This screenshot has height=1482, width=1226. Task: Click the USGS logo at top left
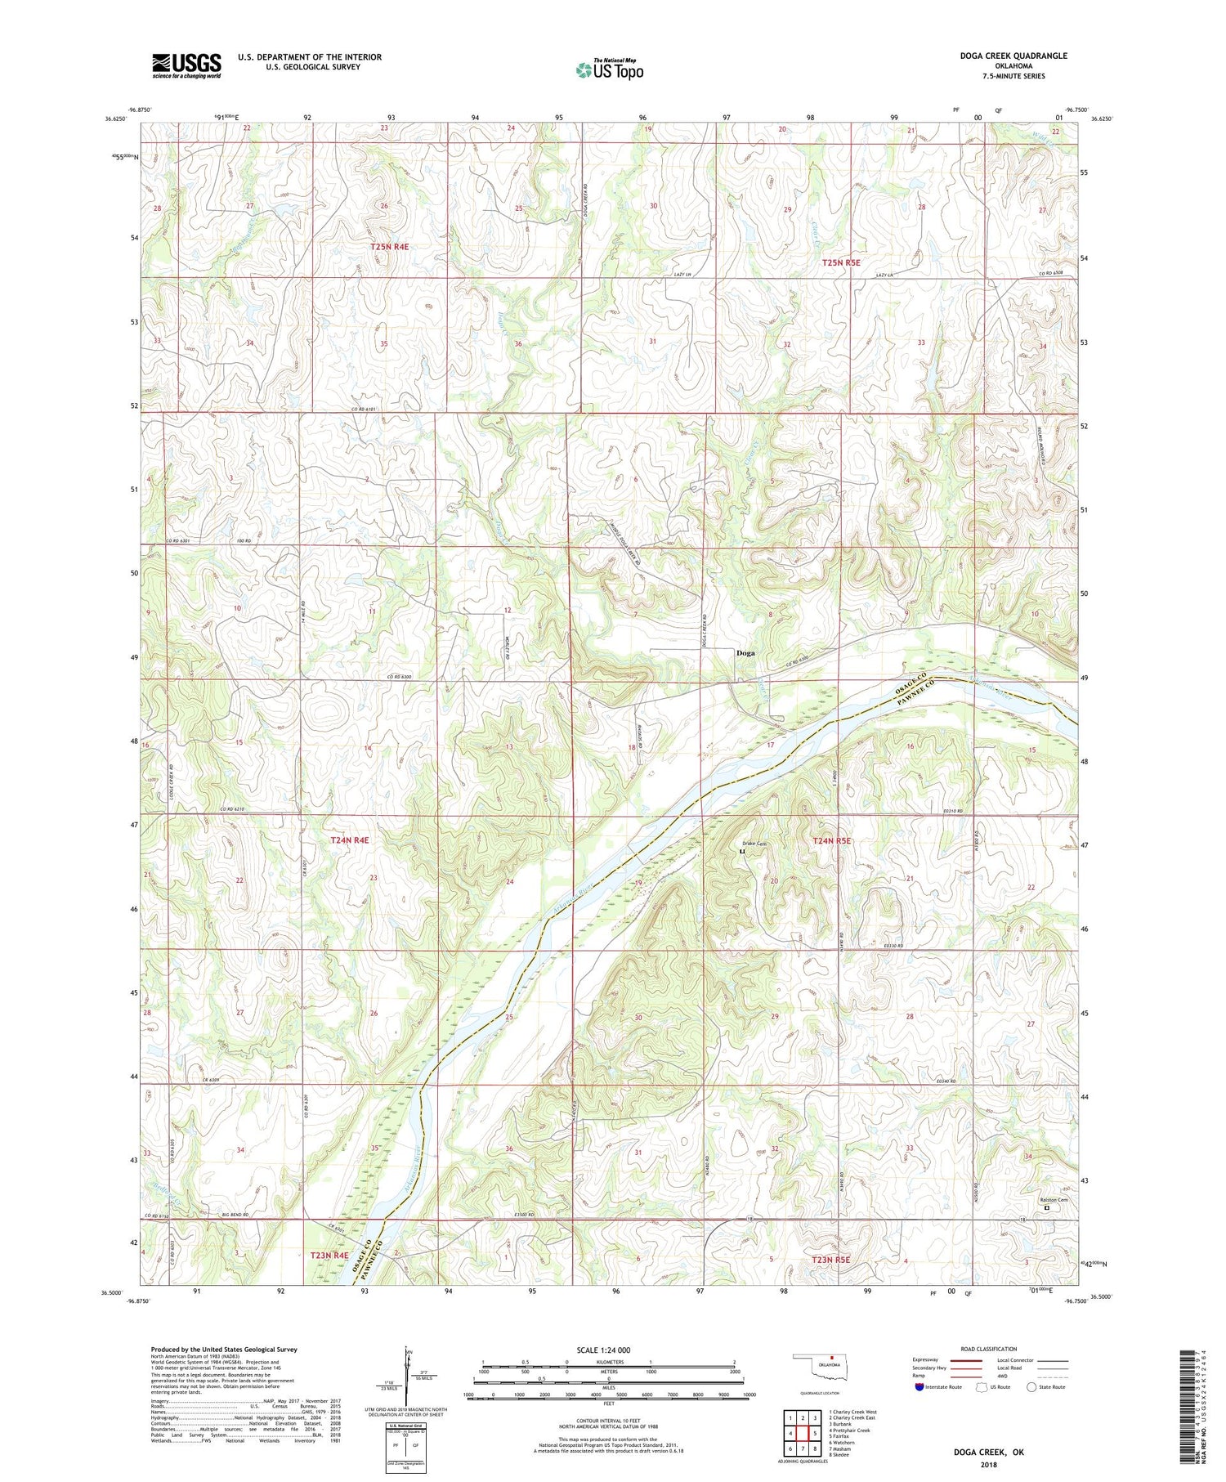pos(186,65)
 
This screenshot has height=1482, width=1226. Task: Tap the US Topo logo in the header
pos(610,70)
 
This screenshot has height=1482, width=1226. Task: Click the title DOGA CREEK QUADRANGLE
pos(1013,56)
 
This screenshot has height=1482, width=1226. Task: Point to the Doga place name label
pos(745,653)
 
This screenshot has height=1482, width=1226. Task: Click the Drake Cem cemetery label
pos(754,844)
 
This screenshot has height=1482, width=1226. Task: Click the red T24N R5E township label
pos(832,840)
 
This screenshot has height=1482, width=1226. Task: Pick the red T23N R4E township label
pos(329,1255)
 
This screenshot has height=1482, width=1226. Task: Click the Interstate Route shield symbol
pos(919,1387)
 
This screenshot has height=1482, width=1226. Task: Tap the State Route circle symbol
pos(1031,1386)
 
